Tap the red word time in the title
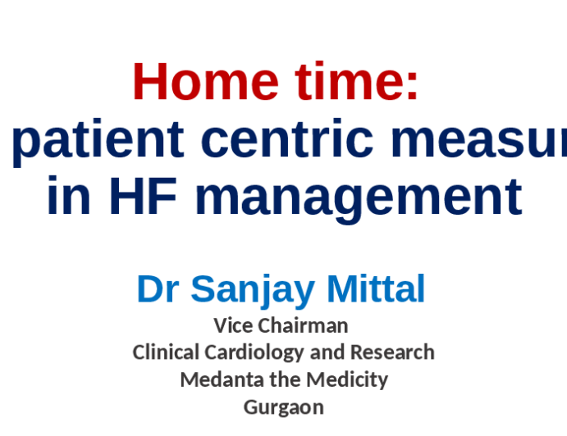point(333,83)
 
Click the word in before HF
point(69,197)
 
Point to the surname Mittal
point(376,289)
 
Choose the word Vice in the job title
point(233,325)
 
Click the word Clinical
point(166,352)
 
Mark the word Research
point(392,352)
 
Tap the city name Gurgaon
point(284,407)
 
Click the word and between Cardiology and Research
point(329,352)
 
